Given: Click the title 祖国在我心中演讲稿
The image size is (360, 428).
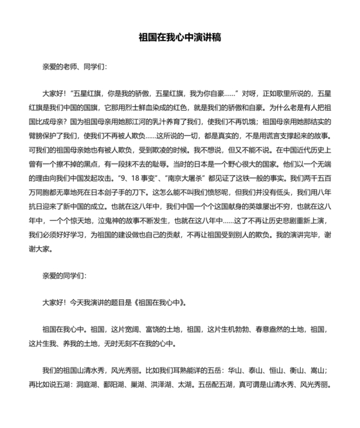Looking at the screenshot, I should (180, 37).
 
